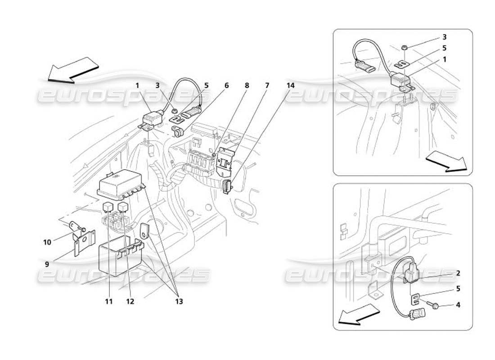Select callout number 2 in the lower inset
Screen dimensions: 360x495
click(458, 273)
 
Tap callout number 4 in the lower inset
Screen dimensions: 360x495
click(458, 305)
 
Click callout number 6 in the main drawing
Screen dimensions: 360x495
click(226, 85)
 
